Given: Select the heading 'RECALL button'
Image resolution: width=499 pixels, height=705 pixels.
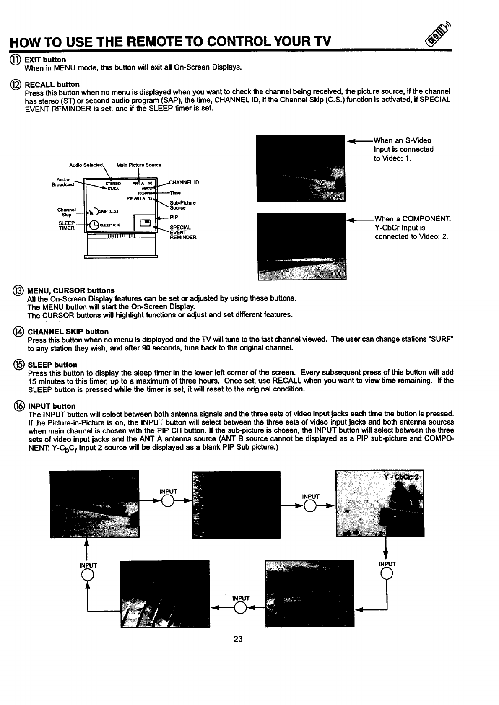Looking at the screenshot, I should [x=52, y=85].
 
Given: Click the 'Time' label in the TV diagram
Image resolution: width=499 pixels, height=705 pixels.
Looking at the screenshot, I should [x=175, y=193].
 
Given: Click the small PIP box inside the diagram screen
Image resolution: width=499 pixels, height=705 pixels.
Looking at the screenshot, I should [x=145, y=222].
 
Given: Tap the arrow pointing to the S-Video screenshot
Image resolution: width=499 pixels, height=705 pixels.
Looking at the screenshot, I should [x=359, y=141].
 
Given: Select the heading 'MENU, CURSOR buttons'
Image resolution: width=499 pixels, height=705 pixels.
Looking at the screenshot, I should [x=71, y=290].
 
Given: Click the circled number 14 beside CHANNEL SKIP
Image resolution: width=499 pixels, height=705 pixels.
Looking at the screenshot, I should [x=18, y=332].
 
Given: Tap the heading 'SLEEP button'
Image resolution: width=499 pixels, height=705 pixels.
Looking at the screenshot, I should [x=52, y=365].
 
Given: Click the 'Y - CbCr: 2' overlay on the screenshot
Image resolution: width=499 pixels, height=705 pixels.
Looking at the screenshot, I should [x=401, y=479].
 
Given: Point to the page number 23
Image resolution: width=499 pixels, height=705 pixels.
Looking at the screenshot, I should [x=238, y=639].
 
